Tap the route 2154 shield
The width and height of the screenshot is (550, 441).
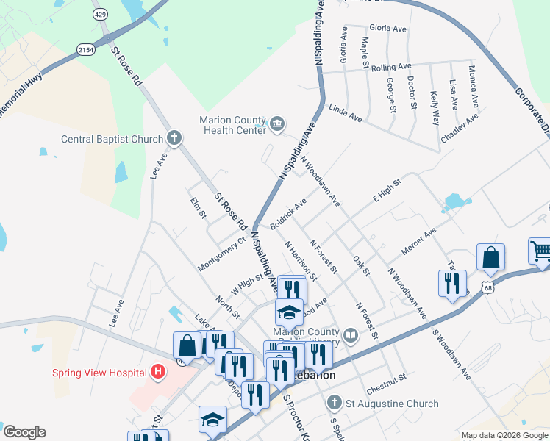click(x=85, y=49)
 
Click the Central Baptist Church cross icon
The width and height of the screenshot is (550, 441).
click(x=174, y=137)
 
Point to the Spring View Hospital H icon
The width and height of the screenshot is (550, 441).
click(x=157, y=372)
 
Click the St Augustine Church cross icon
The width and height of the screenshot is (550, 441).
click(x=335, y=403)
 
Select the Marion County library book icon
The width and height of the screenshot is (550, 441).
click(x=351, y=337)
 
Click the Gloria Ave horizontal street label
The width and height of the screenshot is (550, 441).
click(x=388, y=29)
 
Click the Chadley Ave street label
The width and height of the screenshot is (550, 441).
click(x=460, y=129)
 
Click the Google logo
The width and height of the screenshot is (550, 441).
click(x=24, y=432)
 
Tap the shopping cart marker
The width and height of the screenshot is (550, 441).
click(x=540, y=251)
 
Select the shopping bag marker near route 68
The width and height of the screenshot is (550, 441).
click(x=490, y=258)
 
